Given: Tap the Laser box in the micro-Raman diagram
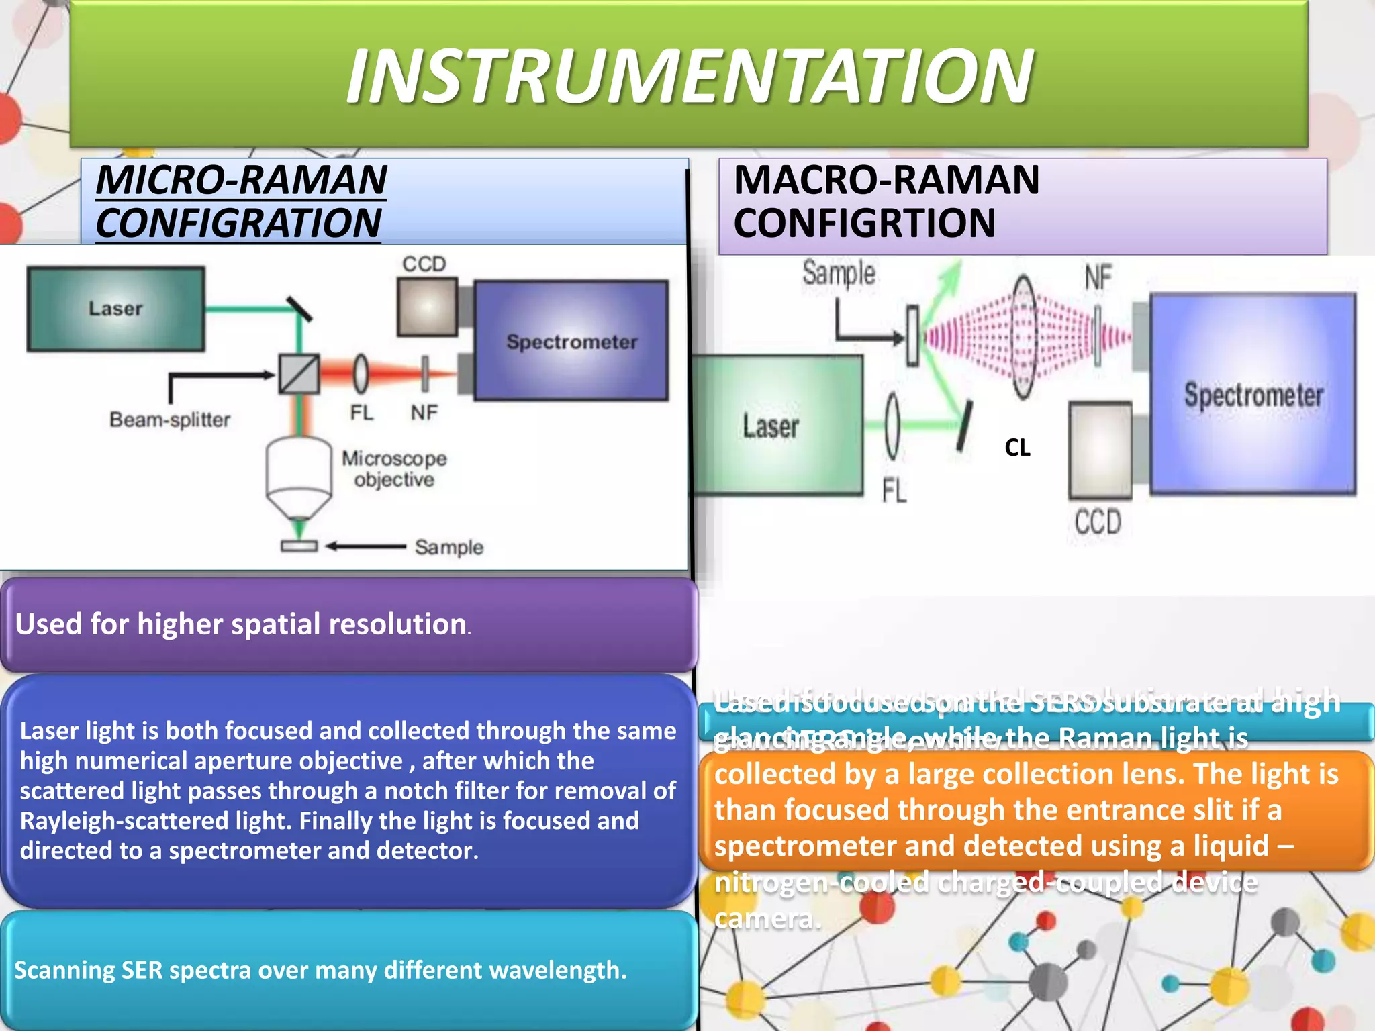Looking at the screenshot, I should [x=115, y=309].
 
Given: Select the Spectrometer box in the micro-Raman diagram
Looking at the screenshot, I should [x=571, y=341].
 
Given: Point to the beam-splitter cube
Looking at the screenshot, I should [x=299, y=374].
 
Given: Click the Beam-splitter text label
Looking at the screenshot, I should [x=170, y=420].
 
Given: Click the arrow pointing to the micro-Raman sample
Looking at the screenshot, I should [x=366, y=546].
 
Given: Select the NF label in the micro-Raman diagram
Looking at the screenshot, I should [x=424, y=412].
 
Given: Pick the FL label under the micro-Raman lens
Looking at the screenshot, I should [x=361, y=412].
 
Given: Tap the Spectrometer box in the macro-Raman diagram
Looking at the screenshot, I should [x=1253, y=395].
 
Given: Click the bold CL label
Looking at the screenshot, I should [x=1017, y=448].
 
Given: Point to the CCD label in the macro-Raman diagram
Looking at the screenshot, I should [x=1098, y=522].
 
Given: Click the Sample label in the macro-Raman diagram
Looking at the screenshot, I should [x=839, y=273].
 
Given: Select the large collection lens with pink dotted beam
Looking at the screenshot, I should [x=1023, y=338].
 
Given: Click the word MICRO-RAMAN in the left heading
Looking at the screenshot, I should [x=241, y=180].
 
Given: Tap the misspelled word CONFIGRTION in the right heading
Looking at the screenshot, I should [x=864, y=223].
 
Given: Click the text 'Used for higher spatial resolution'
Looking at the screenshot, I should [x=241, y=624].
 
